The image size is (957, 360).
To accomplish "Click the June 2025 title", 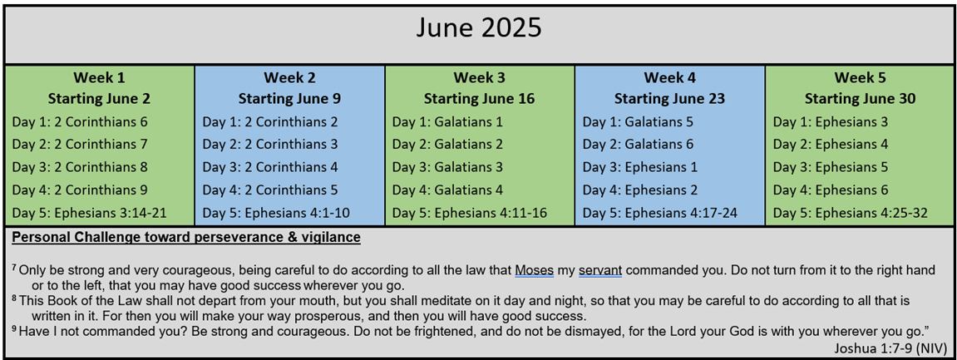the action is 479,28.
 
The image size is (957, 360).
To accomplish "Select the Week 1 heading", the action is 100,78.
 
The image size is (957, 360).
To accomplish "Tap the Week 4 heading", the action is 669,78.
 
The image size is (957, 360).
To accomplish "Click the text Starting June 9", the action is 290,99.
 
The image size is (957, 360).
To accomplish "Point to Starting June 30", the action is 860,99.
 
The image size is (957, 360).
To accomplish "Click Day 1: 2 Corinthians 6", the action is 80,121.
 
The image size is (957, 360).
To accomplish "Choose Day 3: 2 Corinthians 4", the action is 270,167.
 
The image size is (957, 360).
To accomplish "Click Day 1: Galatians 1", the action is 447,121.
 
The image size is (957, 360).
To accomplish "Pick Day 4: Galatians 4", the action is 447,190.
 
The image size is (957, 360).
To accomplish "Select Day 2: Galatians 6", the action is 638,145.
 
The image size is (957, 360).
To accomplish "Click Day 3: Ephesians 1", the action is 639,167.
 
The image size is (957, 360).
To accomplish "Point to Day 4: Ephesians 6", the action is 831,190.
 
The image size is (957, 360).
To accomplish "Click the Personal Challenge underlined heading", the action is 186,237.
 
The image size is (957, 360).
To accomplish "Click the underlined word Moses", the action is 534,269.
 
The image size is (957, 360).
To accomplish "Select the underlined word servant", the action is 600,270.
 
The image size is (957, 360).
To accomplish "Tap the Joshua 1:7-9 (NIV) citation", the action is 890,348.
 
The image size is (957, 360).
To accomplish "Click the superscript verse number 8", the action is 14,298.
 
